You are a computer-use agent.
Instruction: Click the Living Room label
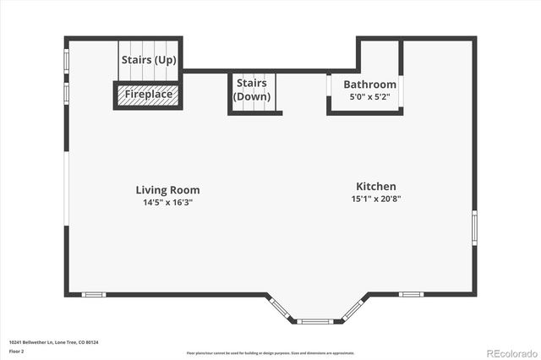pyautogui.click(x=167, y=190)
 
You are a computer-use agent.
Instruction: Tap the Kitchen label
pyautogui.click(x=375, y=187)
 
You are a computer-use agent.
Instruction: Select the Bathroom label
pyautogui.click(x=369, y=85)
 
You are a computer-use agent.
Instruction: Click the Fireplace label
pyautogui.click(x=149, y=95)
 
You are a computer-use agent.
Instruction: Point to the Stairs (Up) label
pyautogui.click(x=149, y=60)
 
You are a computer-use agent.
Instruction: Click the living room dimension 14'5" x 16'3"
pyautogui.click(x=167, y=203)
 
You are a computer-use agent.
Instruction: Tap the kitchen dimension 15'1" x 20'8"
pyautogui.click(x=375, y=199)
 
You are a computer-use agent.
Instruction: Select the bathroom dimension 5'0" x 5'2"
pyautogui.click(x=369, y=97)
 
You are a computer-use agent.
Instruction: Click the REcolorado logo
pyautogui.click(x=510, y=352)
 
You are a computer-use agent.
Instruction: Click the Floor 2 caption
pyautogui.click(x=17, y=352)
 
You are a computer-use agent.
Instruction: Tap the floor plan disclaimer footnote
pyautogui.click(x=270, y=352)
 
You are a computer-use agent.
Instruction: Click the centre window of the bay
pyautogui.click(x=315, y=321)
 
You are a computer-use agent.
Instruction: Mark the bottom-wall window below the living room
pyautogui.click(x=94, y=294)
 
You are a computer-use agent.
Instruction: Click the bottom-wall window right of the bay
pyautogui.click(x=411, y=294)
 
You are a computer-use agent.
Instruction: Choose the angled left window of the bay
pyautogui.click(x=281, y=308)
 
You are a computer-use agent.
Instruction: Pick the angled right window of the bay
pyautogui.click(x=352, y=308)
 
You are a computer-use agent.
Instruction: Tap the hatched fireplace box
pyautogui.click(x=149, y=95)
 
